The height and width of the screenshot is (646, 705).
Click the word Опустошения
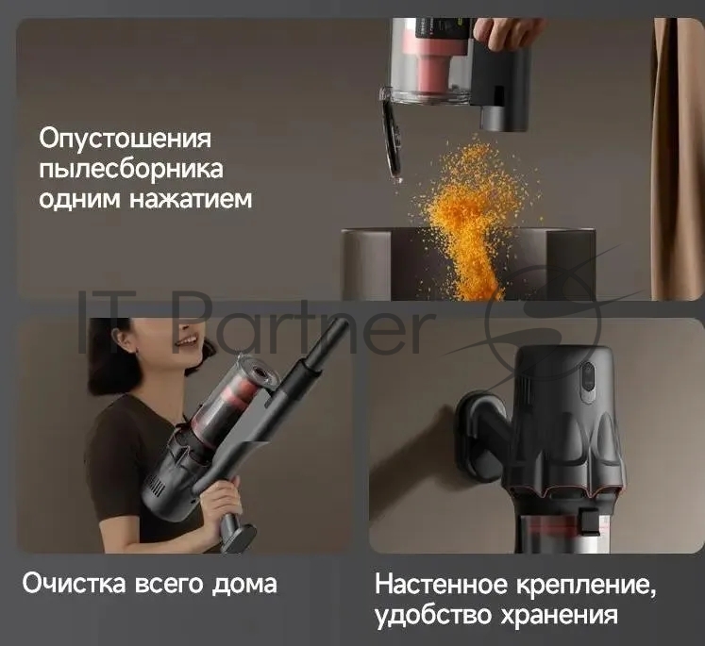(125, 139)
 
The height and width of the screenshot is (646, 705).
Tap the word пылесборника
(131, 170)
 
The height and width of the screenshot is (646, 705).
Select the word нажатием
(191, 199)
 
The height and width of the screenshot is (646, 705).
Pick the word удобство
(434, 615)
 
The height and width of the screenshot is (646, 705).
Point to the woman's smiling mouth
(185, 341)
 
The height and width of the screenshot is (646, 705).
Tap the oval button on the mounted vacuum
(588, 382)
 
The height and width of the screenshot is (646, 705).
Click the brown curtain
(676, 158)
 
